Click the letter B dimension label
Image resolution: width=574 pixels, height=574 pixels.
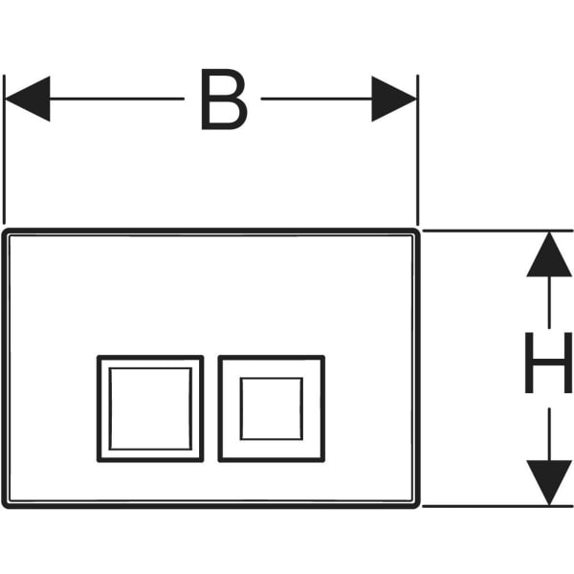[224, 99]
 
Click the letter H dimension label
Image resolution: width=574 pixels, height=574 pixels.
[548, 363]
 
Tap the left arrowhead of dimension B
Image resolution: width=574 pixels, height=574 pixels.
[28, 99]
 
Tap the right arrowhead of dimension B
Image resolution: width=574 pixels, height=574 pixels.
[394, 99]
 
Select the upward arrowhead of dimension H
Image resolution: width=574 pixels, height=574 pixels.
[549, 254]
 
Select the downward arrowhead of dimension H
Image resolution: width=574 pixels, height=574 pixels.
[549, 483]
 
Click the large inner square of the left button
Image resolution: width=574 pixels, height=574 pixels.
[150, 408]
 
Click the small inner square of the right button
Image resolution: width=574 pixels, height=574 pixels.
[272, 408]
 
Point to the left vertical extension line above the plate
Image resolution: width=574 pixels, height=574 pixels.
[4, 149]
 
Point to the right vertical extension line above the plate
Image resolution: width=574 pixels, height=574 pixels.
[418, 150]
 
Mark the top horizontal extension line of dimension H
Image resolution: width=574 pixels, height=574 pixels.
[497, 231]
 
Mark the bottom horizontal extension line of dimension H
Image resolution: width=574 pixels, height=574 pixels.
[497, 506]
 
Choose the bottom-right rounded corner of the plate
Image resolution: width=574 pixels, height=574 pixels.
[416, 505]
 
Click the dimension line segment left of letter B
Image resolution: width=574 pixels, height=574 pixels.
[117, 99]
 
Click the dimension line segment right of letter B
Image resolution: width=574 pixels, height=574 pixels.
[317, 99]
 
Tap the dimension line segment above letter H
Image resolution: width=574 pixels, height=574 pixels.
[549, 302]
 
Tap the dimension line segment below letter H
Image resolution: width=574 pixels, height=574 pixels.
[549, 434]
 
